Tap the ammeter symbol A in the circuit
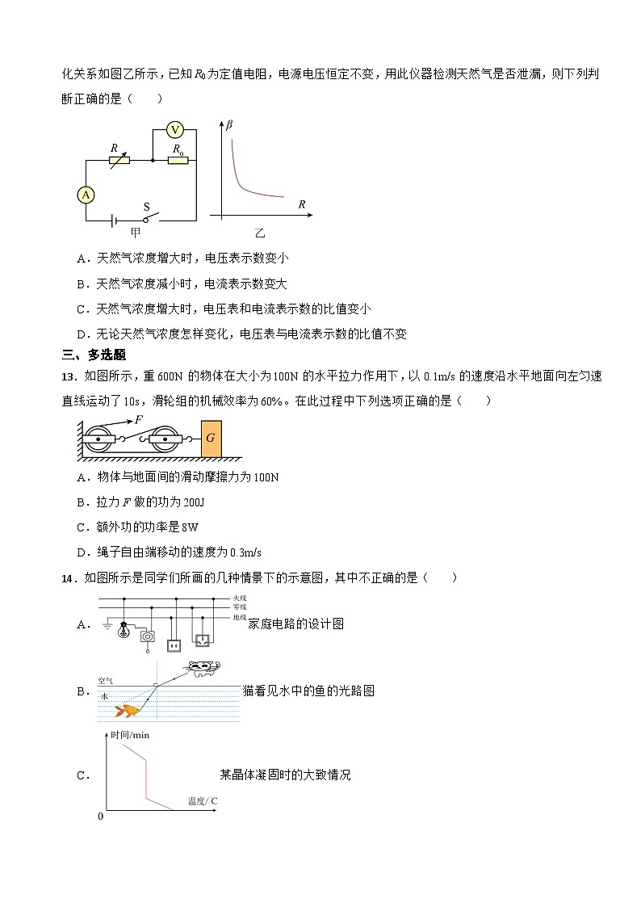pyautogui.click(x=86, y=194)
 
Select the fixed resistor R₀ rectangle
pyautogui.click(x=178, y=160)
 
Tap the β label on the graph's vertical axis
pyautogui.click(x=229, y=124)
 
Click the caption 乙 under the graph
pyautogui.click(x=260, y=233)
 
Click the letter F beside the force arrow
pyautogui.click(x=139, y=420)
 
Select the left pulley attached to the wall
pyautogui.click(x=98, y=439)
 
